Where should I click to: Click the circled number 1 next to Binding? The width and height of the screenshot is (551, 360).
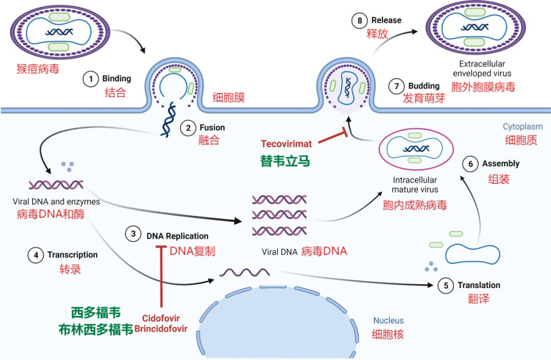[x=91, y=79]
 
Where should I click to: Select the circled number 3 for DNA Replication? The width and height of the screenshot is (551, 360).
[x=134, y=234]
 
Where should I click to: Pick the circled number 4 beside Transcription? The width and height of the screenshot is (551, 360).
[x=35, y=254]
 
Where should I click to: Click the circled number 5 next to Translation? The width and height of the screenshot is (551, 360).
[x=445, y=285]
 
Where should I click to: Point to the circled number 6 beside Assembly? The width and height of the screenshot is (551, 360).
[x=470, y=164]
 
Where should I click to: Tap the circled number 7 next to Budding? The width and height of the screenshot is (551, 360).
[x=396, y=86]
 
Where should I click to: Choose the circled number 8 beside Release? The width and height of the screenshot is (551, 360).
[x=359, y=20]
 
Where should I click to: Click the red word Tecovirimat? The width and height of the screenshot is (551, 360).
[x=286, y=144]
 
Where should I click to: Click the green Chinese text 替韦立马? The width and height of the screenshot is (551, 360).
[x=285, y=161]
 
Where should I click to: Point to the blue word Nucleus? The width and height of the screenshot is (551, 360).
[x=388, y=321]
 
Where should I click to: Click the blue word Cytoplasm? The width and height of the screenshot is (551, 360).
[x=522, y=127]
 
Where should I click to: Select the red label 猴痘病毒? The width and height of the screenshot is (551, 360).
[x=38, y=68]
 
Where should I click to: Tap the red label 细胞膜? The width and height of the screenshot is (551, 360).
[x=228, y=97]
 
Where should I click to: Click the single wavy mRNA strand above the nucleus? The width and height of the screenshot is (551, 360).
[x=244, y=273]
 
